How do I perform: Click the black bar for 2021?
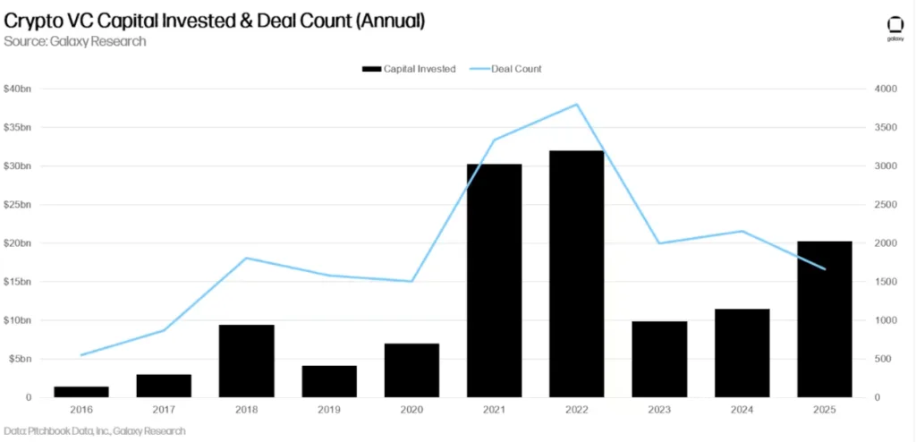tap(494, 280)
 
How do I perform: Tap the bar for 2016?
tap(81, 391)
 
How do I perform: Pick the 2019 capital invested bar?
tap(329, 381)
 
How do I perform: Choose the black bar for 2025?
tap(824, 319)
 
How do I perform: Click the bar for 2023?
tap(659, 359)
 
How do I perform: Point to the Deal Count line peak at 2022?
tap(577, 105)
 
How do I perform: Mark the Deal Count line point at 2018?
tap(246, 258)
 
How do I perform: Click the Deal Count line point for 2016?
tap(81, 355)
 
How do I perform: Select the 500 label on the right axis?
tap(880, 359)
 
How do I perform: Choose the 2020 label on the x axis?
tap(411, 410)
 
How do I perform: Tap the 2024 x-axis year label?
tap(742, 410)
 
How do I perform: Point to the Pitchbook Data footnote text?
tap(94, 431)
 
